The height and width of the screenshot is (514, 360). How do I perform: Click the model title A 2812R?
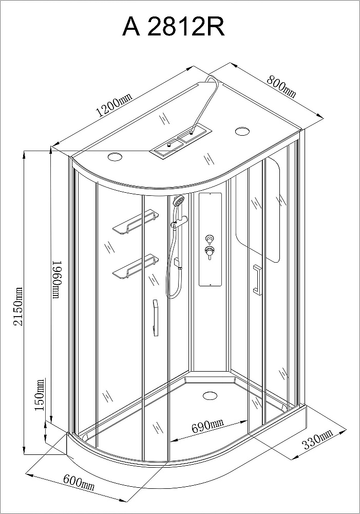click(174, 27)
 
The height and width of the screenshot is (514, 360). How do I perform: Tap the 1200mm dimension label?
click(114, 105)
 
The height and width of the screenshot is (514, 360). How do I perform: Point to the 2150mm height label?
click(18, 306)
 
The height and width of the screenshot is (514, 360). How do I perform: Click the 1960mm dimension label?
click(57, 280)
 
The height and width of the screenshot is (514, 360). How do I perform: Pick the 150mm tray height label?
click(40, 395)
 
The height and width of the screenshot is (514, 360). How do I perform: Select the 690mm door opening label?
click(207, 426)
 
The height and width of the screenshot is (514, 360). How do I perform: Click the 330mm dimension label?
click(317, 439)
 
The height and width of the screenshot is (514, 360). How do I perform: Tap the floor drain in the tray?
click(210, 396)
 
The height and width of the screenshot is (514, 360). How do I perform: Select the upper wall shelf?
click(135, 222)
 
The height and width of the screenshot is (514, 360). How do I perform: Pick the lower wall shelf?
click(135, 266)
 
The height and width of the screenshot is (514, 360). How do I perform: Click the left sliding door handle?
click(155, 318)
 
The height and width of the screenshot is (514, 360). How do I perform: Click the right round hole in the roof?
click(242, 131)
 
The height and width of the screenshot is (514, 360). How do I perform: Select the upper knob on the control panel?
click(209, 238)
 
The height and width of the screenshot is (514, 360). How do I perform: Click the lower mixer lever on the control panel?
click(208, 252)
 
